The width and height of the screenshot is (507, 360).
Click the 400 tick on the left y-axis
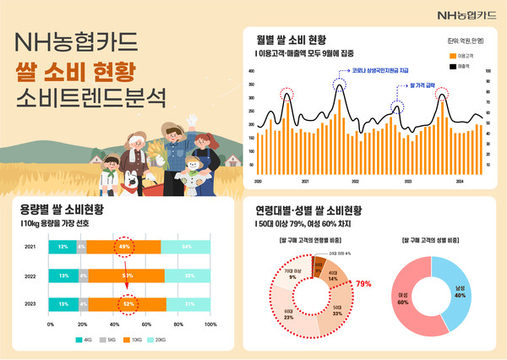251,73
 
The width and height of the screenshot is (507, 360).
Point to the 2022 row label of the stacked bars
30,275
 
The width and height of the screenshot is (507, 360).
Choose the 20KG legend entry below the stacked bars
160,341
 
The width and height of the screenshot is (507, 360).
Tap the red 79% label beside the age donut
364,284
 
